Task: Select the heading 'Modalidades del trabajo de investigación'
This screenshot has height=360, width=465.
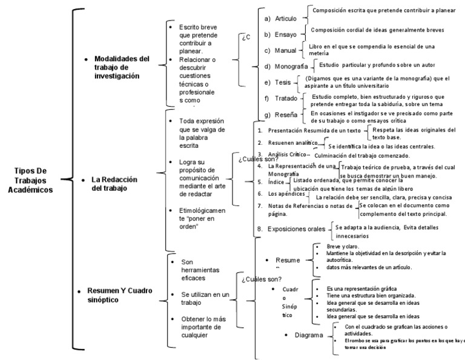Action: click(x=121, y=67)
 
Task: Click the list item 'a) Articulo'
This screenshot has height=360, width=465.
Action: click(x=281, y=19)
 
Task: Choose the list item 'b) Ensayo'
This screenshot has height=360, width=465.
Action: click(x=281, y=35)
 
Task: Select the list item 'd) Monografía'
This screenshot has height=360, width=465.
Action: click(x=286, y=66)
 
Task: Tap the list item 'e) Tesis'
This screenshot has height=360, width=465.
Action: click(x=279, y=82)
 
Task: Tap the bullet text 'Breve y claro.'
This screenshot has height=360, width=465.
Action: click(x=343, y=247)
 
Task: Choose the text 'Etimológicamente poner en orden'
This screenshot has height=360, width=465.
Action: click(x=202, y=218)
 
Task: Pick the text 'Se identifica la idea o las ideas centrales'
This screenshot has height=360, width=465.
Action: click(x=381, y=147)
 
